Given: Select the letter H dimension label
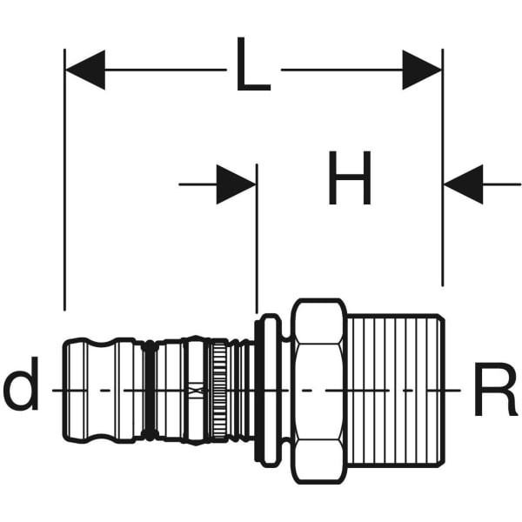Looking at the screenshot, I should point(350,180).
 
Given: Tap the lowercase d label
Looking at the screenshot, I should point(21,390).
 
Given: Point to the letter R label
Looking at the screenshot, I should point(495,390).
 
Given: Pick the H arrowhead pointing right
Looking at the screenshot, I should point(237,184).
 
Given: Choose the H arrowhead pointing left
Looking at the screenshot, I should point(463,184).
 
